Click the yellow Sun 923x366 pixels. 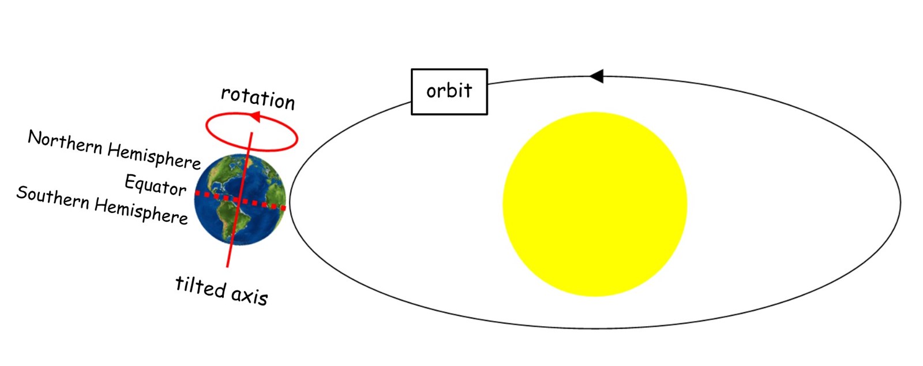click(595, 204)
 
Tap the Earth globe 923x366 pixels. click(240, 200)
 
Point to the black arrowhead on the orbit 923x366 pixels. click(596, 76)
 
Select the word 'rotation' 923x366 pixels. click(258, 99)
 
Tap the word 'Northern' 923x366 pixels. click(65, 142)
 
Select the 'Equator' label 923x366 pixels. click(156, 185)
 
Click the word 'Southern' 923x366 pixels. click(53, 197)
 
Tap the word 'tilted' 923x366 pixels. click(201, 286)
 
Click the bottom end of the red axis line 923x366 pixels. click(227, 267)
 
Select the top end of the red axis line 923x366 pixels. click(252, 133)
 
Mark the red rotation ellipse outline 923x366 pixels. click(252, 150)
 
